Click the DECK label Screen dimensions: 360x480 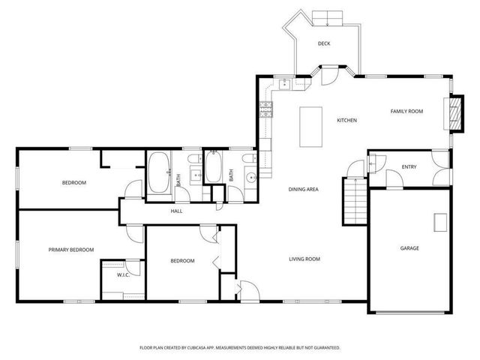(x=324, y=43)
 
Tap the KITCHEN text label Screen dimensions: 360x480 (x=346, y=120)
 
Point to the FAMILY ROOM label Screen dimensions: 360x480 (x=406, y=111)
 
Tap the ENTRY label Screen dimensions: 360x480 (x=409, y=167)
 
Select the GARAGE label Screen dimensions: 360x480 (x=409, y=248)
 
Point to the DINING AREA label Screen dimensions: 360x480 (x=304, y=190)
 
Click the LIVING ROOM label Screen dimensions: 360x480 (x=305, y=259)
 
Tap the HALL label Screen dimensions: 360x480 (x=176, y=211)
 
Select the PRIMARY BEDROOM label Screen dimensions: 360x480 (x=71, y=250)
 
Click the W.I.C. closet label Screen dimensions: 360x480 (x=123, y=275)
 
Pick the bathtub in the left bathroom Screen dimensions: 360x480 (x=158, y=172)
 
